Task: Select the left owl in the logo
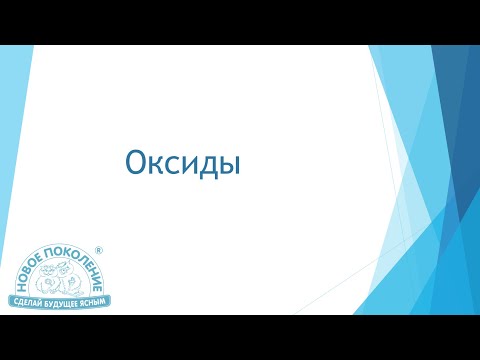[49, 279]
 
